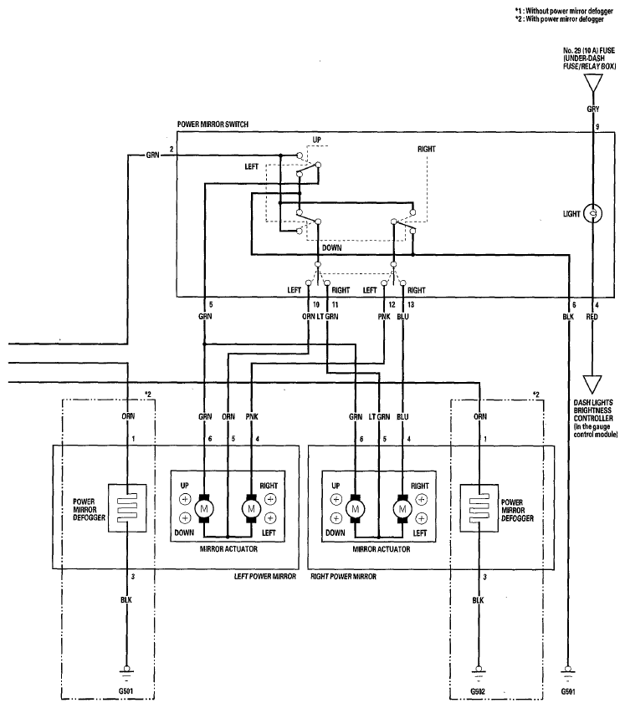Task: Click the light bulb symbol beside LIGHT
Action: point(593,214)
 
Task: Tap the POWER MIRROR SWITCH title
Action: point(213,125)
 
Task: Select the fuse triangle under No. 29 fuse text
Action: point(593,84)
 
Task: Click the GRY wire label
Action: point(593,109)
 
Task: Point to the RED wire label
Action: point(592,317)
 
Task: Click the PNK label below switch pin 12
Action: point(384,317)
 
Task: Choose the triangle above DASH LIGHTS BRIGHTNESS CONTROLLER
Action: point(592,385)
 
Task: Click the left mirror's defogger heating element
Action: point(127,508)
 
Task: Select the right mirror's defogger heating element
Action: point(479,508)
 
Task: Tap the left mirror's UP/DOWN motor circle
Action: point(204,509)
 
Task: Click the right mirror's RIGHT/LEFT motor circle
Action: point(402,509)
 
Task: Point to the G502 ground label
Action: point(478,692)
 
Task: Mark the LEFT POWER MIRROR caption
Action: point(265,577)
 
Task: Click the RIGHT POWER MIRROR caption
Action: point(343,577)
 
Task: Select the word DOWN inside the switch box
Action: point(331,248)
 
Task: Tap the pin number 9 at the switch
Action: point(597,127)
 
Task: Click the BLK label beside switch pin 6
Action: point(568,317)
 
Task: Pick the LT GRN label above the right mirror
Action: point(379,417)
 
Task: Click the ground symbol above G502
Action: point(478,674)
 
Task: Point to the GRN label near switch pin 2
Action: point(153,155)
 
